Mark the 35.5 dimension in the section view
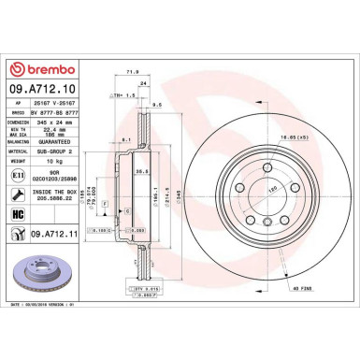pos(141,171)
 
